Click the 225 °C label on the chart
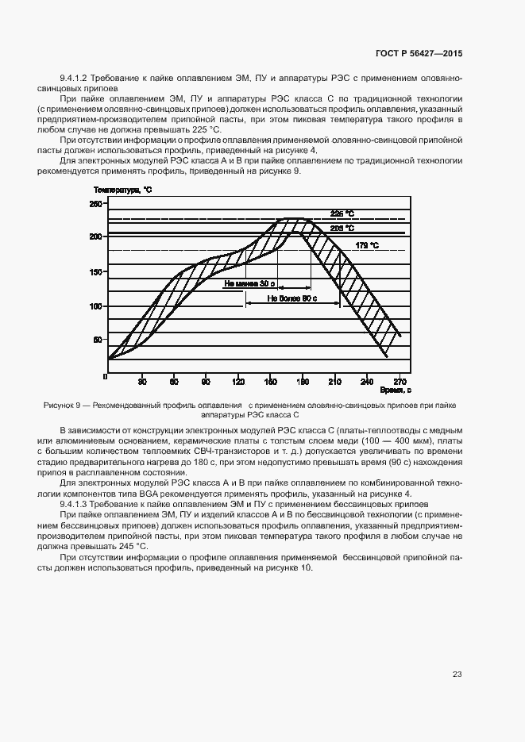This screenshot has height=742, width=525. point(342,213)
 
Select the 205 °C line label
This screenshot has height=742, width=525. point(342,228)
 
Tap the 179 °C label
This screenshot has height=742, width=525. point(367,245)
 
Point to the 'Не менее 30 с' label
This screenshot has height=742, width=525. point(250,283)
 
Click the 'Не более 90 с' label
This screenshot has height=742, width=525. point(291,299)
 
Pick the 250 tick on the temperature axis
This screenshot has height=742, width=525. point(95,205)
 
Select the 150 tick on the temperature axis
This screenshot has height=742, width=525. point(95,272)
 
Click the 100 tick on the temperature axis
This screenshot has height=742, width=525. point(95,306)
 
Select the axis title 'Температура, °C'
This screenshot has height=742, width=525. point(122,190)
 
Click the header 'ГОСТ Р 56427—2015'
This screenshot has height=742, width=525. point(418,54)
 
